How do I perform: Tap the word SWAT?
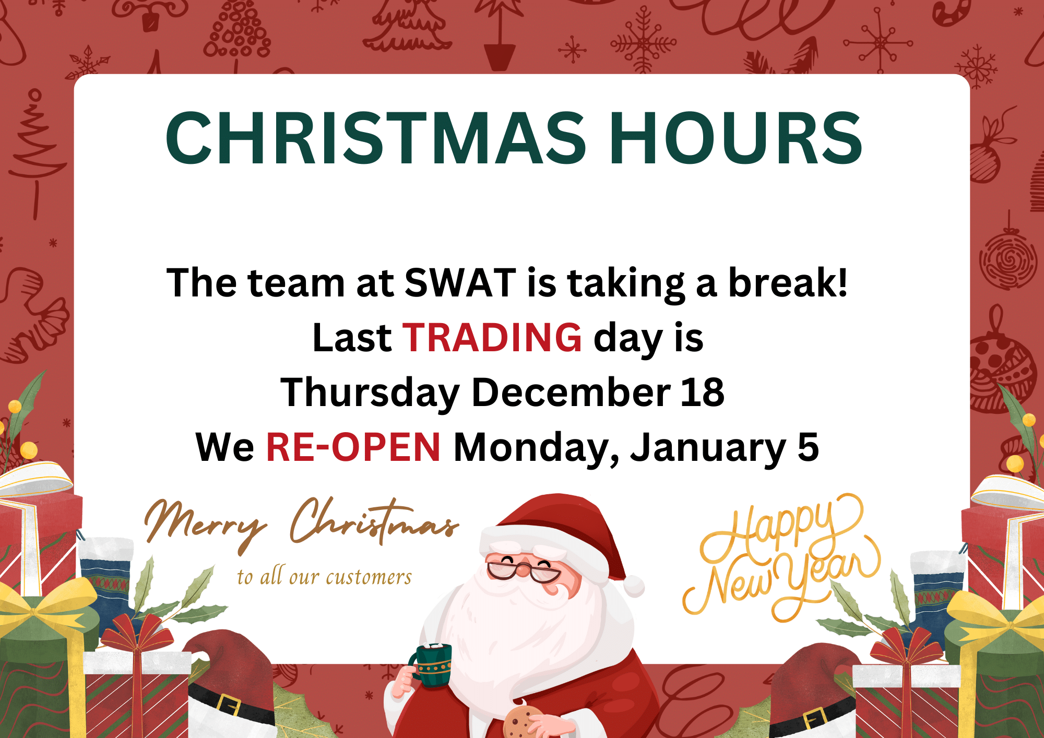coord(460,282)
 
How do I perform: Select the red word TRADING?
coord(492,337)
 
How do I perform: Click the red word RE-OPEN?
coord(353,447)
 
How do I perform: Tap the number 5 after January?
coord(808,447)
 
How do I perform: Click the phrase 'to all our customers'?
coord(324,576)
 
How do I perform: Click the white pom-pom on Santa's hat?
coord(633,586)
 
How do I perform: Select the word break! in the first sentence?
coord(788,282)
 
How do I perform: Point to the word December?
coord(572,392)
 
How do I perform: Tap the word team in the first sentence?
coord(296,283)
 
